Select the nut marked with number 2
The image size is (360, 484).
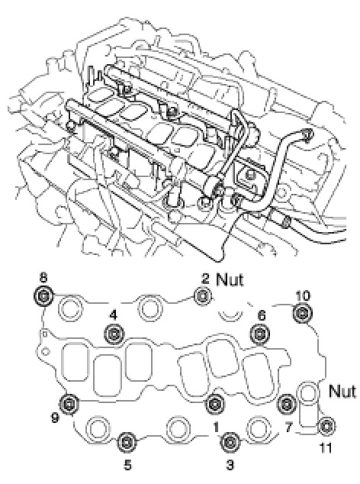(x=203, y=296)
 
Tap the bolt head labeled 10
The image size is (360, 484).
(x=302, y=313)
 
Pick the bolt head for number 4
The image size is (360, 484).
(x=114, y=334)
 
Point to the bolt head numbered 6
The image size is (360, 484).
(x=260, y=334)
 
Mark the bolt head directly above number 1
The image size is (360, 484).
(x=215, y=403)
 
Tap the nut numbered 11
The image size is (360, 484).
(x=326, y=426)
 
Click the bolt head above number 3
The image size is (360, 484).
(x=230, y=442)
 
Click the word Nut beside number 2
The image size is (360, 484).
(x=230, y=279)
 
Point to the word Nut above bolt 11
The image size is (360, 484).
(x=342, y=391)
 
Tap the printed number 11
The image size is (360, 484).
(x=326, y=448)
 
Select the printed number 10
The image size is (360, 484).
(x=303, y=295)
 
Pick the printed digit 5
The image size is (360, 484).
(x=127, y=465)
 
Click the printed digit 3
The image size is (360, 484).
(x=230, y=465)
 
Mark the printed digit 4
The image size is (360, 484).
(x=114, y=315)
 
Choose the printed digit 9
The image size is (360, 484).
(x=55, y=418)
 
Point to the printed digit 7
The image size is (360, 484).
(x=288, y=428)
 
